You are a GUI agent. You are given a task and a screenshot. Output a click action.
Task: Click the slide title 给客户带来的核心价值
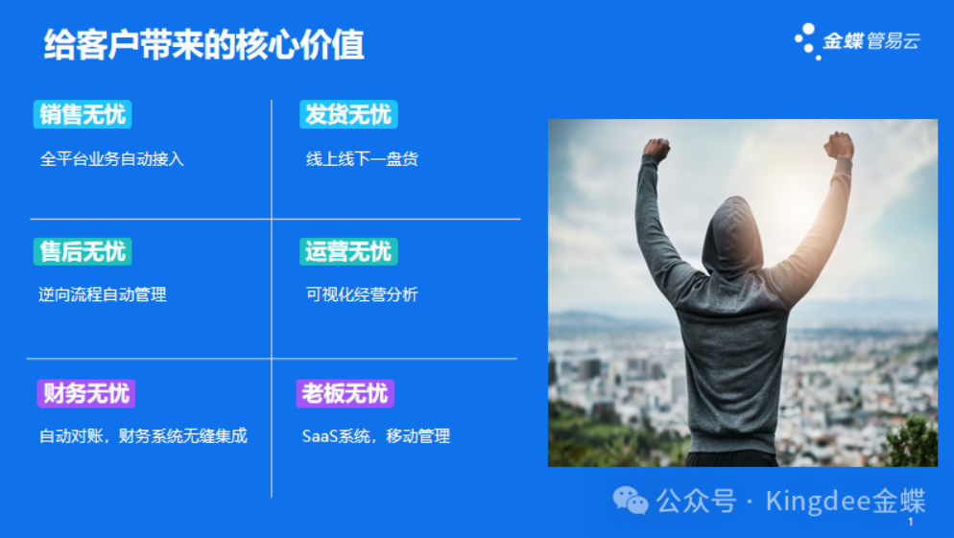pyautogui.click(x=203, y=44)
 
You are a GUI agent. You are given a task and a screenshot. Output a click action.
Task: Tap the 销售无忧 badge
pyautogui.click(x=83, y=114)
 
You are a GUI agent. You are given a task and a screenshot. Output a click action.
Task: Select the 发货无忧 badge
pyautogui.click(x=348, y=114)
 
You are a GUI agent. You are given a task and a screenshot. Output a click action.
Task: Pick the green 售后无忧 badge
pyautogui.click(x=83, y=251)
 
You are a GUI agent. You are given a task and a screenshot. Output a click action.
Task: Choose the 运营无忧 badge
pyautogui.click(x=348, y=251)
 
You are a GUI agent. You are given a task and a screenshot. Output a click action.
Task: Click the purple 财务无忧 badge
pyautogui.click(x=85, y=393)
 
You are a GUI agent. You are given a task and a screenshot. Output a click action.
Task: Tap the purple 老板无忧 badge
pyautogui.click(x=345, y=393)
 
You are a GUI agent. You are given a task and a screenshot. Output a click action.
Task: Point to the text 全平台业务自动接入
pyautogui.click(x=112, y=159)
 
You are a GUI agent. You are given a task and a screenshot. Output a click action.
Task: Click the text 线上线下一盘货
pyautogui.click(x=362, y=159)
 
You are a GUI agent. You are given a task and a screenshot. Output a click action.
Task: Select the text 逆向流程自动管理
pyautogui.click(x=103, y=294)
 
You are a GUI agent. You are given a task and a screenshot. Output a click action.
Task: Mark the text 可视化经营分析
pyautogui.click(x=362, y=294)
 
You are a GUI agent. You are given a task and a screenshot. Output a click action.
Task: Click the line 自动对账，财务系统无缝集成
pyautogui.click(x=144, y=436)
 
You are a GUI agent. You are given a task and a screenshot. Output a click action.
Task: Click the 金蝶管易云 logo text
pyautogui.click(x=871, y=40)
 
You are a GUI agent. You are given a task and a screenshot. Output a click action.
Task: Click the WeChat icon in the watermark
pyautogui.click(x=630, y=501)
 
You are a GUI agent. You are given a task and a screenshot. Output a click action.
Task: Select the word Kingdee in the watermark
pyautogui.click(x=819, y=501)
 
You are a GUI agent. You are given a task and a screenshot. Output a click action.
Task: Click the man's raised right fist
pyautogui.click(x=839, y=146)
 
